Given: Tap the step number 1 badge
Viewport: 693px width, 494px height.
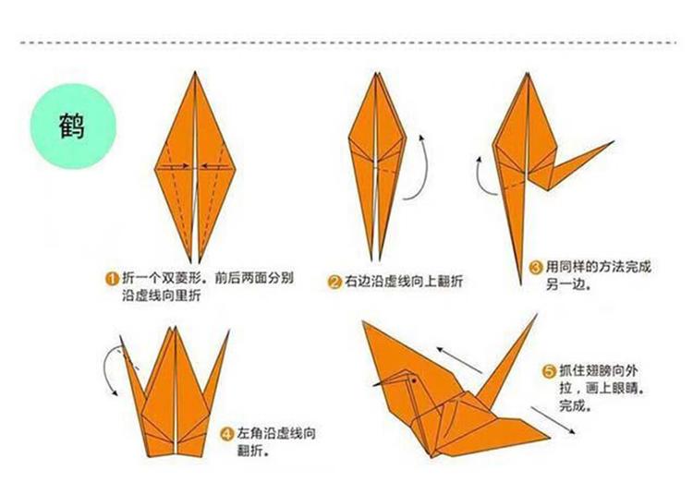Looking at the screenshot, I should [x=111, y=278].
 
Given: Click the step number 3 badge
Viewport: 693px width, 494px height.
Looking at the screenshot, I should [x=535, y=268].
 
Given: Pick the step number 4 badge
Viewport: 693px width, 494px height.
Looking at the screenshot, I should [x=226, y=433].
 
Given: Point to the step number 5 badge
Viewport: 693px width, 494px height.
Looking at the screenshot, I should [x=549, y=370].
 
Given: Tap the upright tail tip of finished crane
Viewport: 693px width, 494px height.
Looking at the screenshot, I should [x=535, y=317].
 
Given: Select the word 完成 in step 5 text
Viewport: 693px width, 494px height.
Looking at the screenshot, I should [x=574, y=404].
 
